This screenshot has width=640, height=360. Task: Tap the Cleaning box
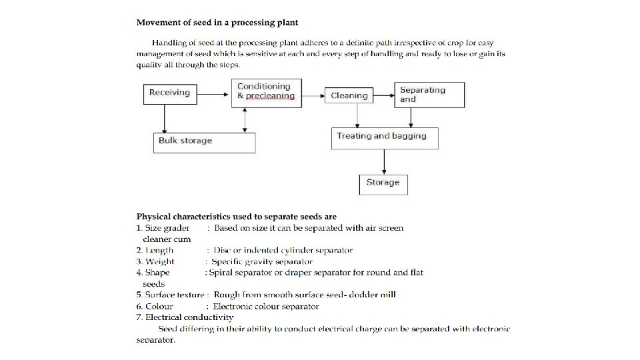(x=349, y=95)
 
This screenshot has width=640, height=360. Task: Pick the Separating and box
(x=430, y=95)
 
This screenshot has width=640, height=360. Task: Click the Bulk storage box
(x=203, y=142)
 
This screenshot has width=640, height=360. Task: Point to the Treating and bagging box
(x=385, y=138)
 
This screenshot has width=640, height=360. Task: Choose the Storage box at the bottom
(x=383, y=183)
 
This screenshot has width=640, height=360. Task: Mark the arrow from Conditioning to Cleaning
(x=313, y=95)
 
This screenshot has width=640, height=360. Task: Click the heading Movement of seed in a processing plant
(x=217, y=23)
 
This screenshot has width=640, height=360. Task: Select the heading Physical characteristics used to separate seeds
(x=237, y=217)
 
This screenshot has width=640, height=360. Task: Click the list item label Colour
(x=159, y=307)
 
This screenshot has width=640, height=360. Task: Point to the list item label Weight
(x=160, y=261)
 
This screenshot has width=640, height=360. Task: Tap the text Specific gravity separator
(x=262, y=261)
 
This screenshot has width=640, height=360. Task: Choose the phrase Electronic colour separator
(x=266, y=307)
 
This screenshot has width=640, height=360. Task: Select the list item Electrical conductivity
(x=189, y=317)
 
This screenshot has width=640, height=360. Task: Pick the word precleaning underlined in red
(x=270, y=96)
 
